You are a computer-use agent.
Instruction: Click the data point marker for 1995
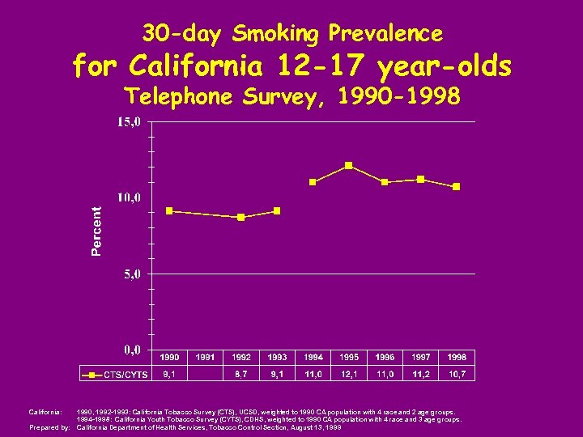(x=348, y=165)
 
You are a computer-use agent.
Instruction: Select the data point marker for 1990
(x=169, y=210)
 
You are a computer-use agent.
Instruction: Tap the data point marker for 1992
(x=241, y=217)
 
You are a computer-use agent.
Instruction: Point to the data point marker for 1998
(x=457, y=186)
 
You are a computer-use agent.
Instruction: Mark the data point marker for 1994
(x=313, y=182)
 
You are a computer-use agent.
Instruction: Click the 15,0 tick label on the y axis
(x=129, y=122)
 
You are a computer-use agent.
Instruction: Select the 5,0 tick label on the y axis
(x=132, y=274)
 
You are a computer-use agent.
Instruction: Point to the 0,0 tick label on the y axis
(x=132, y=350)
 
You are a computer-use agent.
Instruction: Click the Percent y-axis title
(x=96, y=231)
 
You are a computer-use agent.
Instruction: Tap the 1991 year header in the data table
(x=206, y=357)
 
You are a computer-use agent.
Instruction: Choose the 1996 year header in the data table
(x=385, y=357)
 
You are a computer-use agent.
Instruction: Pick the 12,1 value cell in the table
(x=349, y=373)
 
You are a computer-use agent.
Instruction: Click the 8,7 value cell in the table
(x=241, y=373)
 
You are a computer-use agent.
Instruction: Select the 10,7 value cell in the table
(x=457, y=373)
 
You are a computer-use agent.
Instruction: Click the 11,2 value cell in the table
(x=421, y=373)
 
